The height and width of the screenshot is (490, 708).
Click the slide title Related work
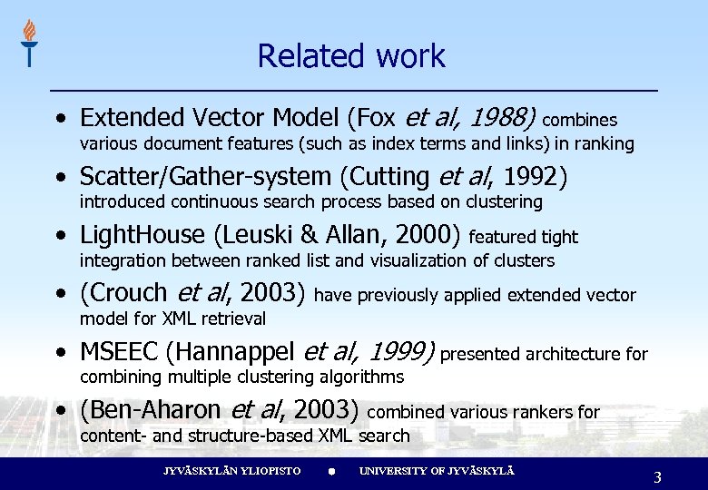(x=351, y=56)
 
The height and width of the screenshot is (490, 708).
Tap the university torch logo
(x=29, y=43)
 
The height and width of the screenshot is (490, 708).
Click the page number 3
(x=657, y=477)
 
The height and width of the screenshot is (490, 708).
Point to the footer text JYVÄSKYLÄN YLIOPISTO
(x=231, y=472)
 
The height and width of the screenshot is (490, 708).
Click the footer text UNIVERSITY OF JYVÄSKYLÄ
(x=437, y=472)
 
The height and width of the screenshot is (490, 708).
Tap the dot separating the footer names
(x=331, y=473)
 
